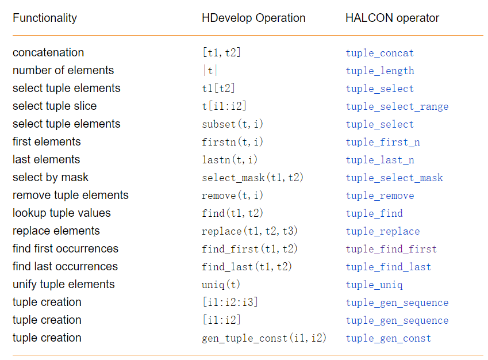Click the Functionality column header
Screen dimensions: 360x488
[x=44, y=18]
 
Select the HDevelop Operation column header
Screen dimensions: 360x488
[x=253, y=18]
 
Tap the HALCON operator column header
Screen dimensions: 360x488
[x=392, y=18]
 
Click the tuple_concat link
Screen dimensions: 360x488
[x=379, y=53]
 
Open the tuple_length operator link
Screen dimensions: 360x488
[x=379, y=71]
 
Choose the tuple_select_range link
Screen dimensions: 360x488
[x=397, y=106]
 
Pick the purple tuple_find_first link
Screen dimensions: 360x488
[x=391, y=249]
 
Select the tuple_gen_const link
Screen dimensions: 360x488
[x=388, y=338]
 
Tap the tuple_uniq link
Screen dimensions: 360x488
[x=374, y=285]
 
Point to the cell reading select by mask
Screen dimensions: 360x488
[x=51, y=177]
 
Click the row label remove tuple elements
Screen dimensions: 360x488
[x=70, y=195]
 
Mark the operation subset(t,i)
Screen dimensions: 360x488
[x=232, y=124]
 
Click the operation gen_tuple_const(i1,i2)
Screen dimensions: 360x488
[x=264, y=338]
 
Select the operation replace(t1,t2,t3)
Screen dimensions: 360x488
[x=249, y=231]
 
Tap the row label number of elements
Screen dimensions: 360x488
[x=63, y=70]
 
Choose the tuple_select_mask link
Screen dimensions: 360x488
[x=394, y=178]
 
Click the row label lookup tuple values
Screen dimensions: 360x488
[x=62, y=213]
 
